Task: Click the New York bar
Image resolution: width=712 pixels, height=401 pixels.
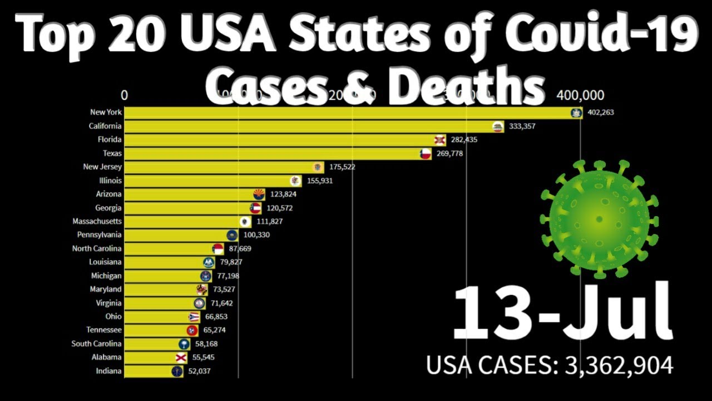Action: click(345, 113)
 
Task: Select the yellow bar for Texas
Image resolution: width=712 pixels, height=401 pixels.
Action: click(273, 153)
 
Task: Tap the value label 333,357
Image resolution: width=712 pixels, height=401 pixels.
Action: click(522, 126)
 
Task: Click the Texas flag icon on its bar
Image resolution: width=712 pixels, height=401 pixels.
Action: click(426, 154)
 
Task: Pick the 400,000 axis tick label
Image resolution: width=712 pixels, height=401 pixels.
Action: click(580, 95)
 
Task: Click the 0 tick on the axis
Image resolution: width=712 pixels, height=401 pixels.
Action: click(124, 95)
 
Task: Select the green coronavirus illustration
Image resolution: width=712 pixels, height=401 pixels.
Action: click(599, 219)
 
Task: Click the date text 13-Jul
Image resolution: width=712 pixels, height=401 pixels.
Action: click(562, 313)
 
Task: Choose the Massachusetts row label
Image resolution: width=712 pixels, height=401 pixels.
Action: click(97, 221)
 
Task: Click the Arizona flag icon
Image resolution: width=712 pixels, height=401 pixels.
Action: click(259, 194)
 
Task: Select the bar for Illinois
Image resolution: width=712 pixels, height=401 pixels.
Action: click(209, 180)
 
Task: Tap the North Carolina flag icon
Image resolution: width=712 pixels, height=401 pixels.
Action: click(218, 249)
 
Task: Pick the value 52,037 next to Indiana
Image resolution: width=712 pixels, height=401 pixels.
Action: click(199, 371)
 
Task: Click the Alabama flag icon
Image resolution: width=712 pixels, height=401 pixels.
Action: click(181, 358)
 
